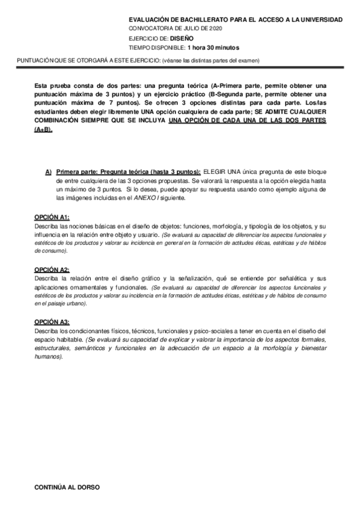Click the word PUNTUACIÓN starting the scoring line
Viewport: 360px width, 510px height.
point(34,60)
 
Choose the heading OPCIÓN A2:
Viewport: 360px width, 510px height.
point(52,270)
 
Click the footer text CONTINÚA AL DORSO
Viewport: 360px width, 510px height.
point(67,487)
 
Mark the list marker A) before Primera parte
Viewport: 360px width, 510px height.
point(48,171)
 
